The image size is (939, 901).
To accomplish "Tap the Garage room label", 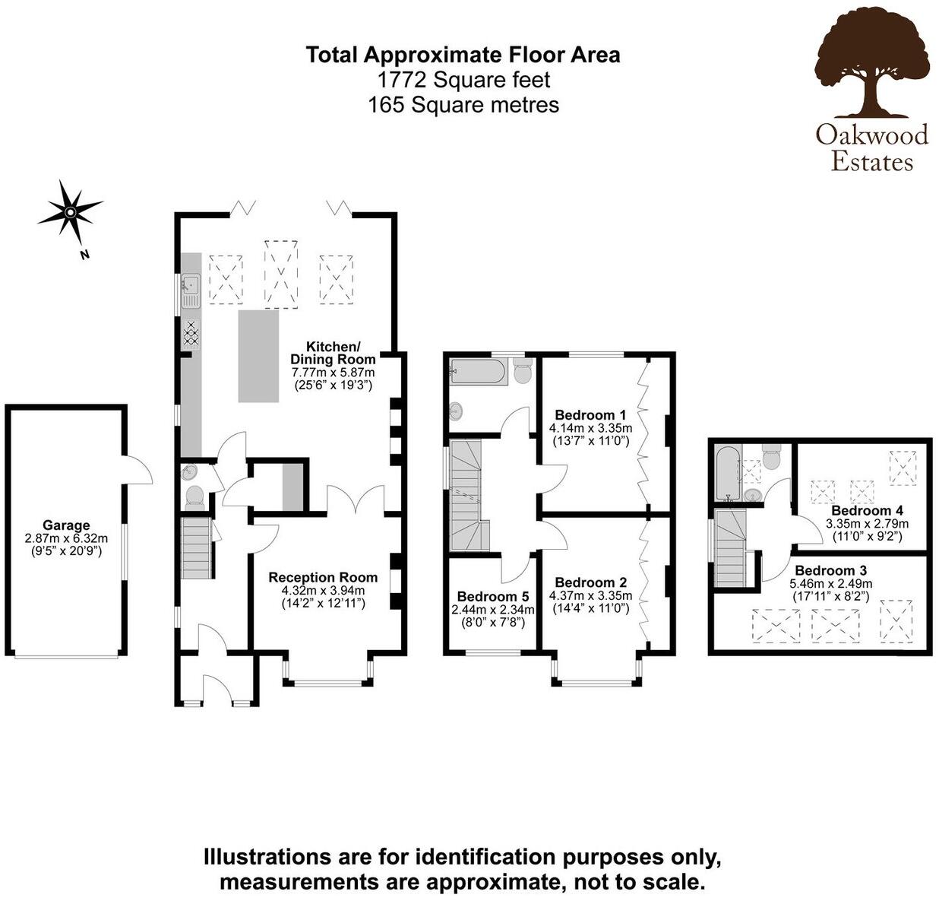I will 66,525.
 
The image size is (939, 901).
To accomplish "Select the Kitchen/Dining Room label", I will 333,353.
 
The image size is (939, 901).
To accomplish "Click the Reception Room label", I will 323,578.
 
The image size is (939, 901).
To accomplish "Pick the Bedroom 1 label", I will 590,415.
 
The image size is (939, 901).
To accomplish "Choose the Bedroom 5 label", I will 492,597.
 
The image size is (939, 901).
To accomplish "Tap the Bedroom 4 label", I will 867,510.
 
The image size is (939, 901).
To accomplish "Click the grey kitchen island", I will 258,356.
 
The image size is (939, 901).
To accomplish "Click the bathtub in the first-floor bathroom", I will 477,372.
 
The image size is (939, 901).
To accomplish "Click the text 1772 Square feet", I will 463,79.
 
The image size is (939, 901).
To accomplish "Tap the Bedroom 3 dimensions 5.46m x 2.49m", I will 830,584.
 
